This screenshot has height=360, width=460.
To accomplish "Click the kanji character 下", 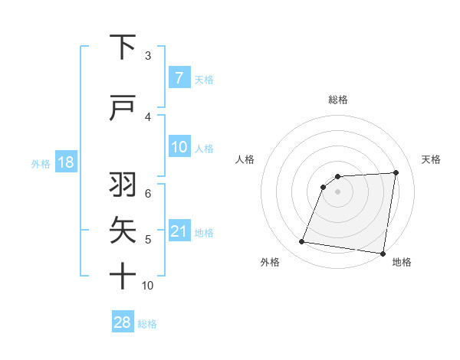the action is tap(123, 47).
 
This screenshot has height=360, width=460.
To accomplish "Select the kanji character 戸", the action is tap(123, 108).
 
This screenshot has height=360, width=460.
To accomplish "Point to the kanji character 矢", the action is tap(123, 229).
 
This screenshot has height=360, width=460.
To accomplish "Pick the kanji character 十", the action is tap(123, 275).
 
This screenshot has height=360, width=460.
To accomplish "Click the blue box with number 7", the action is tap(179, 78).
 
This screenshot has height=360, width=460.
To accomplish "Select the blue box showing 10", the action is tap(179, 146).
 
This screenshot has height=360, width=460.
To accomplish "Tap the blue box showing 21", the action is tap(179, 232).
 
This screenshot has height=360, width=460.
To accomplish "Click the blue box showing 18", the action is tap(64, 163).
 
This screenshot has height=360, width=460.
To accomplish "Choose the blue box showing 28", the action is tap(122, 322).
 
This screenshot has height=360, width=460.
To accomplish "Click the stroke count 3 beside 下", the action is tap(148, 55).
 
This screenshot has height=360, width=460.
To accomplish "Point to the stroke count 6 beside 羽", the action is tap(148, 192).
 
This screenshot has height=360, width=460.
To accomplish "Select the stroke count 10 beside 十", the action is tap(148, 286).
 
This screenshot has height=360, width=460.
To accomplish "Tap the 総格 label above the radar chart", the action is tap(338, 100).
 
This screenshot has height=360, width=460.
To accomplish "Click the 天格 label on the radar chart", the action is tap(432, 159).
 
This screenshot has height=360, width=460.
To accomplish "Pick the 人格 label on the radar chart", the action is tap(245, 159).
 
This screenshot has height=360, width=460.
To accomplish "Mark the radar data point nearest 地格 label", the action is tap(383, 253).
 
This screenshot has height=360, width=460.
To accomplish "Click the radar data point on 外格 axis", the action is tap(302, 242).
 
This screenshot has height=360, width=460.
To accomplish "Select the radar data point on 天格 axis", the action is tap(396, 172).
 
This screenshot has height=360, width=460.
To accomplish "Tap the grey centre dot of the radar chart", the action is tap(337, 191).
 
